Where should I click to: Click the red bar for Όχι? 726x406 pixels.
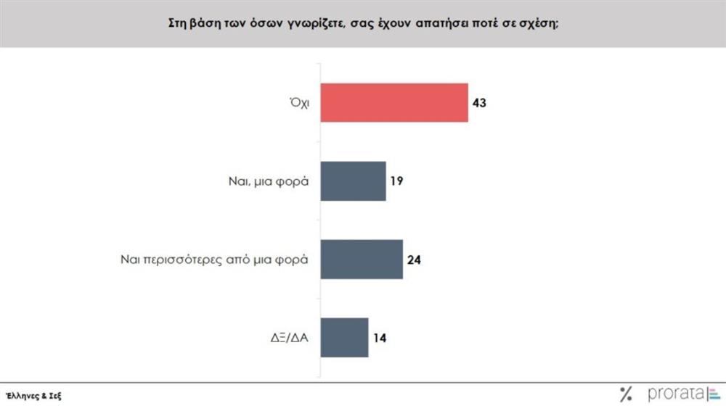tap(393, 103)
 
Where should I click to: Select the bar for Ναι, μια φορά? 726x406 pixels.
tap(353, 181)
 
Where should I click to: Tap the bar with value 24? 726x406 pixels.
tap(361, 259)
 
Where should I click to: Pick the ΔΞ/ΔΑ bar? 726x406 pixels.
tap(344, 336)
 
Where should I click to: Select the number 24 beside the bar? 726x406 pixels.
tap(414, 259)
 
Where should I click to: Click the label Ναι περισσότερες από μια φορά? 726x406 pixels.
tap(214, 259)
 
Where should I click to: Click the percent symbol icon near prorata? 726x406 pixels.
tap(625, 394)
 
